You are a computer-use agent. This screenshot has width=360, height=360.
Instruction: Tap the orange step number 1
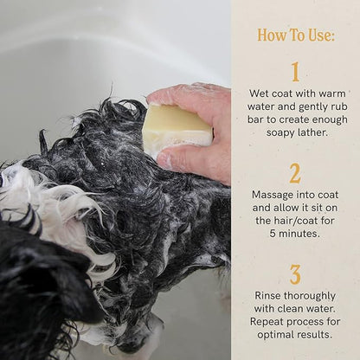pyautogui.click(x=294, y=71)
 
